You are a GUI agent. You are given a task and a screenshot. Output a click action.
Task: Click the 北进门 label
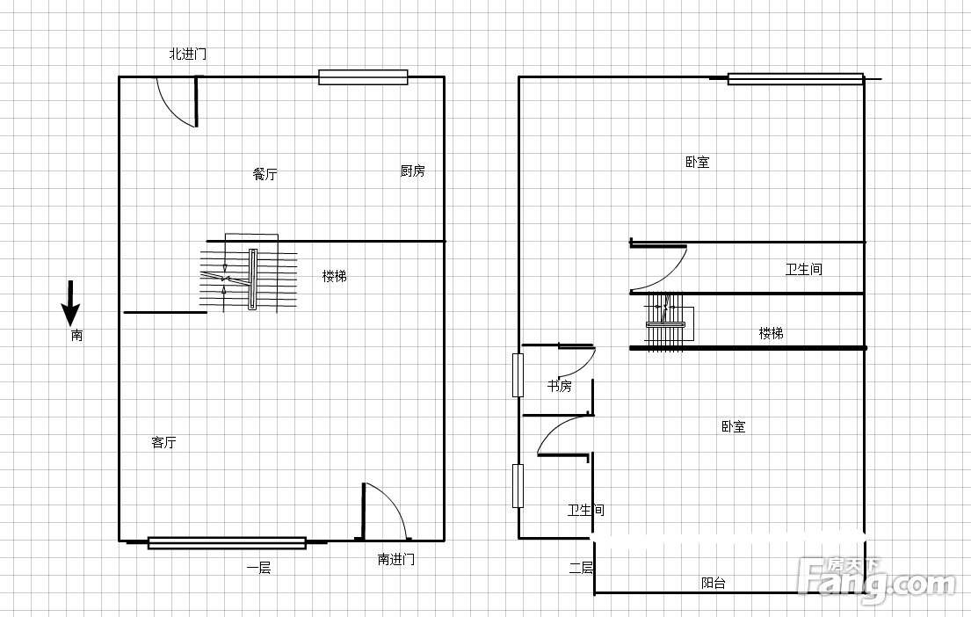pyautogui.click(x=188, y=54)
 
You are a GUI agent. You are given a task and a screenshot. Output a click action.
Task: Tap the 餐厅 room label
pyautogui.click(x=265, y=174)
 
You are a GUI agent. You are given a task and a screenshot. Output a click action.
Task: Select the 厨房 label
pyautogui.click(x=412, y=171)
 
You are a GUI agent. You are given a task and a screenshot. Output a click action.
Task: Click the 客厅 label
pyautogui.click(x=163, y=442)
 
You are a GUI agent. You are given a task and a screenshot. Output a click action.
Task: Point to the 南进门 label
pyautogui.click(x=395, y=559)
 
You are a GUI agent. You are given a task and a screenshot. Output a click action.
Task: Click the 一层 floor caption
pyautogui.click(x=258, y=568)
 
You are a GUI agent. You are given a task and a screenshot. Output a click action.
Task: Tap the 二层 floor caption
pyautogui.click(x=581, y=568)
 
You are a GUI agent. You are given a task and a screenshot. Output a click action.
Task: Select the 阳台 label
pyautogui.click(x=714, y=583)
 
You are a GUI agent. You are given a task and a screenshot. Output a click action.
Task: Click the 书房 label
pyautogui.click(x=559, y=387)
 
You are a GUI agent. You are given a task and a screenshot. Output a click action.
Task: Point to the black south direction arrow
pyautogui.click(x=70, y=303)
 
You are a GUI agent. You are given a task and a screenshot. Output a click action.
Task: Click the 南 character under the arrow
pyautogui.click(x=76, y=336)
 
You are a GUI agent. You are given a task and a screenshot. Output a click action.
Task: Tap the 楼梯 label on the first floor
pyautogui.click(x=335, y=276)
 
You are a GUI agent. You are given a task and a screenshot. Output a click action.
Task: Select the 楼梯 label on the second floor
pyautogui.click(x=771, y=334)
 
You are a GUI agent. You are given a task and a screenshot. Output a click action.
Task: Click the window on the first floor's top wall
pyautogui.click(x=363, y=77)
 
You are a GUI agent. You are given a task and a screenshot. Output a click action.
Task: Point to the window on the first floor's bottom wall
pyautogui.click(x=228, y=543)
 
